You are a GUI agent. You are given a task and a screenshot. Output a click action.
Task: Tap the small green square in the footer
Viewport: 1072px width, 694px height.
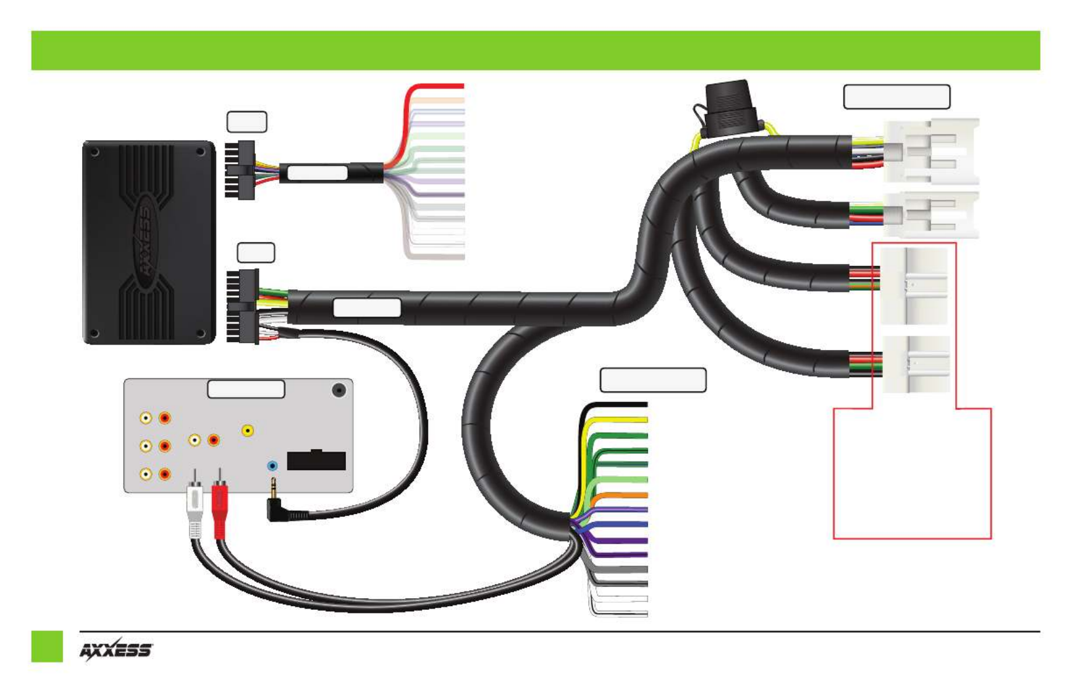tap(47, 647)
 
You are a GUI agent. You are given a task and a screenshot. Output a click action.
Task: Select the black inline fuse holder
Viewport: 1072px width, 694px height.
tap(727, 108)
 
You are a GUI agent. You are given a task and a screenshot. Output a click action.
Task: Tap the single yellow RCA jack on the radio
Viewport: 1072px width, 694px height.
tap(247, 431)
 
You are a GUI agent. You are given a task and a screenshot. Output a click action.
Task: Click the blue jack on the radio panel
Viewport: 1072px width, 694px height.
tap(272, 466)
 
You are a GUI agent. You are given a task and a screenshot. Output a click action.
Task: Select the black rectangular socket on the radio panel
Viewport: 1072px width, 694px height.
tap(316, 460)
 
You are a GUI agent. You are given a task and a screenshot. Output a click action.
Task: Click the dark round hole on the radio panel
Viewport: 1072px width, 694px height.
tap(339, 391)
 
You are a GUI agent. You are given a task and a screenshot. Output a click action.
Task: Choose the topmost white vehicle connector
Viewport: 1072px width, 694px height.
tap(931, 151)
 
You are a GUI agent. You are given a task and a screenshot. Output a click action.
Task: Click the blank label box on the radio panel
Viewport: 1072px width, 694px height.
tap(246, 389)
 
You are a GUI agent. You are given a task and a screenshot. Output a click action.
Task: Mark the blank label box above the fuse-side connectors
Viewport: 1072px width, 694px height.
tap(897, 97)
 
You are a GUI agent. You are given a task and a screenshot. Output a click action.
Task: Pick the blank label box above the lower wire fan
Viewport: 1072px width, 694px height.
tap(653, 380)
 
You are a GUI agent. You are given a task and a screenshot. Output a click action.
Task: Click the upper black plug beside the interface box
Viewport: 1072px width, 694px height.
tap(240, 170)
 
